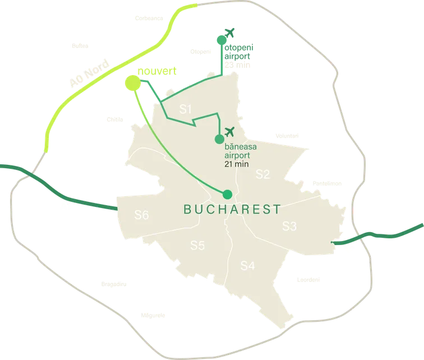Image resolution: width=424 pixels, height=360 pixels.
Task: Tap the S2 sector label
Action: coord(262,174)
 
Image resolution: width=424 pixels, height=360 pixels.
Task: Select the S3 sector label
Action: coord(289,227)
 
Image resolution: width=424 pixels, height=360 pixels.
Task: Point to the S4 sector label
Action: coord(247,265)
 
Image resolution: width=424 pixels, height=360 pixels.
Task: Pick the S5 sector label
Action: coord(197,245)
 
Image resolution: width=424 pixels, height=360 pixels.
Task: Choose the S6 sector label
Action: coord(142,215)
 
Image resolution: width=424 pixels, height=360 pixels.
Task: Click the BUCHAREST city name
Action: coord(232,210)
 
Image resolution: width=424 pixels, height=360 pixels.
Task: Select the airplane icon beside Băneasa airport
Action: coord(229,132)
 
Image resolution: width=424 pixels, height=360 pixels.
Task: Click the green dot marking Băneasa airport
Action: coord(219,139)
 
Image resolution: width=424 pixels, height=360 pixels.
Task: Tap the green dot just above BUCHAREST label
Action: coord(227,195)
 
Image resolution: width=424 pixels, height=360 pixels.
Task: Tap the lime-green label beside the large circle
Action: coord(159,71)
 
